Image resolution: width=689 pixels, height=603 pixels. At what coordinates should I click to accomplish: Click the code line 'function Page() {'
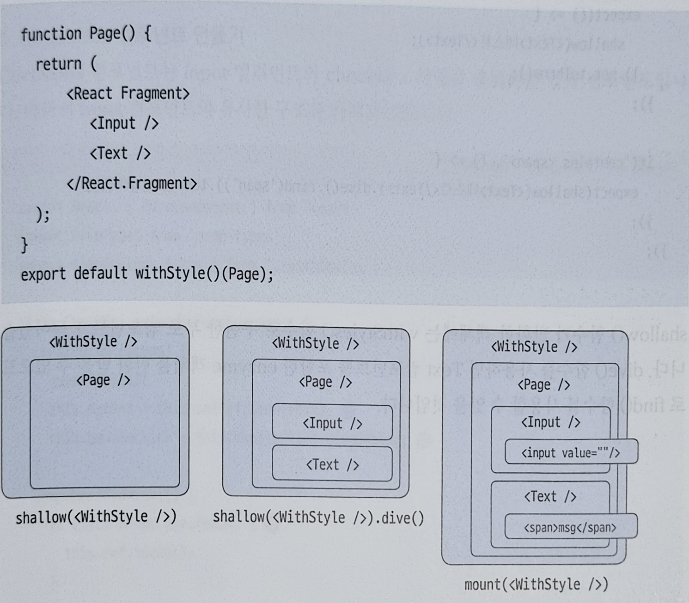pyautogui.click(x=86, y=34)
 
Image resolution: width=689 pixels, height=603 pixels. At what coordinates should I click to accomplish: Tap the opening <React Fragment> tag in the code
pyautogui.click(x=128, y=94)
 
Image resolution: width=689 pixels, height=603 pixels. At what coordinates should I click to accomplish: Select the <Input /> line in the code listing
pyautogui.click(x=124, y=124)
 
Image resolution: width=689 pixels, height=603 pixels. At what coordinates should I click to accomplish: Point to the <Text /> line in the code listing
pyautogui.click(x=120, y=153)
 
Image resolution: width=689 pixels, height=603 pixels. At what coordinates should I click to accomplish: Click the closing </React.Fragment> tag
pyautogui.click(x=132, y=183)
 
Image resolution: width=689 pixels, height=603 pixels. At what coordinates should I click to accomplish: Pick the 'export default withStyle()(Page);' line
pyautogui.click(x=147, y=274)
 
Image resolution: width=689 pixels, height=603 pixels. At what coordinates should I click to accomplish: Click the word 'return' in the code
pyautogui.click(x=59, y=64)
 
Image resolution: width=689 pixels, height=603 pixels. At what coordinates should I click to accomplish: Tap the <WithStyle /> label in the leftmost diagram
pyautogui.click(x=93, y=342)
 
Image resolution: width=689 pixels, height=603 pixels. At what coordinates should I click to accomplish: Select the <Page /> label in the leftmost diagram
pyautogui.click(x=103, y=380)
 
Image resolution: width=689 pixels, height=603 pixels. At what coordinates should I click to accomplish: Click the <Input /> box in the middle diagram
pyautogui.click(x=332, y=423)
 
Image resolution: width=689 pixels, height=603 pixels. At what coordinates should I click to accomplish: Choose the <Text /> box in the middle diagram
pyautogui.click(x=332, y=464)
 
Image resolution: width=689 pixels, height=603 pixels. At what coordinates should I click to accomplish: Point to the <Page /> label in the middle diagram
pyautogui.click(x=325, y=382)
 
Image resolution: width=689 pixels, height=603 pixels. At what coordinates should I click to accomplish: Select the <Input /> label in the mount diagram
pyautogui.click(x=550, y=422)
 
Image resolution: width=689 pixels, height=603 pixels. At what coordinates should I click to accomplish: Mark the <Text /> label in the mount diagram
pyautogui.click(x=550, y=497)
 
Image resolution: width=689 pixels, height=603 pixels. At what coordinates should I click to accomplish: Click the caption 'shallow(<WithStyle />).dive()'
pyautogui.click(x=318, y=518)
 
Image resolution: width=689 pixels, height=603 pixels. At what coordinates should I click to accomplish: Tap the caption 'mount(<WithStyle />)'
pyautogui.click(x=536, y=585)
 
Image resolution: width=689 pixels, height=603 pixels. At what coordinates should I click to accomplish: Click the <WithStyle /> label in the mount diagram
pyautogui.click(x=534, y=347)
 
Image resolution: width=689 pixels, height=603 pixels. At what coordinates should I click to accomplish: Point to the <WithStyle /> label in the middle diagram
pyautogui.click(x=316, y=344)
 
